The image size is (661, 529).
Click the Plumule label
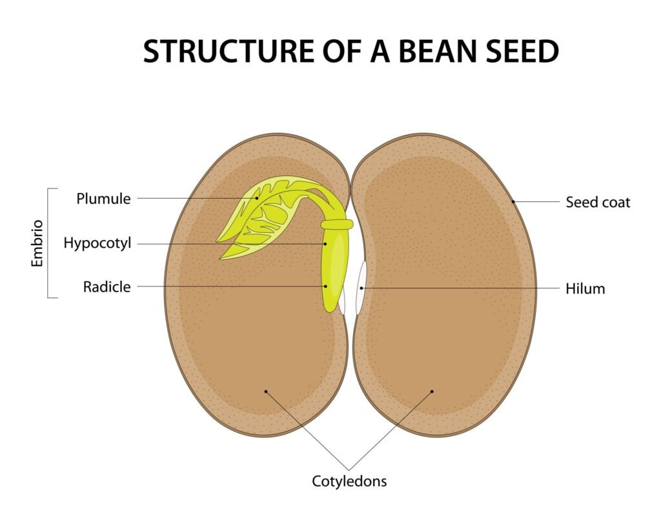[x=103, y=199]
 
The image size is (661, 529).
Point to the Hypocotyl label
[x=97, y=243]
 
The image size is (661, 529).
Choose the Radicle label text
[x=107, y=286]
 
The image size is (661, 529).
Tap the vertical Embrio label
[x=37, y=244]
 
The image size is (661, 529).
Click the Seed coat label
[x=598, y=203]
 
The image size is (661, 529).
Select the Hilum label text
[x=585, y=288]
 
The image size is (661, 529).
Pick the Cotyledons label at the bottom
[x=349, y=481]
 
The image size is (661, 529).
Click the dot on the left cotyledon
[x=265, y=391]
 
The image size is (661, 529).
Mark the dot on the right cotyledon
[x=432, y=391]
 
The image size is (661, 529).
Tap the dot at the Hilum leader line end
[x=361, y=287]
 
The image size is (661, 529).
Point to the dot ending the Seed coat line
[x=514, y=202]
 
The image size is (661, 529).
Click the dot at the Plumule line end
[x=257, y=199]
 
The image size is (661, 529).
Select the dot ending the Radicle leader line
[x=326, y=286]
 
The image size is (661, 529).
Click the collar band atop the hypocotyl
[x=337, y=225]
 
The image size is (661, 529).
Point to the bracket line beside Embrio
[x=49, y=243]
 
